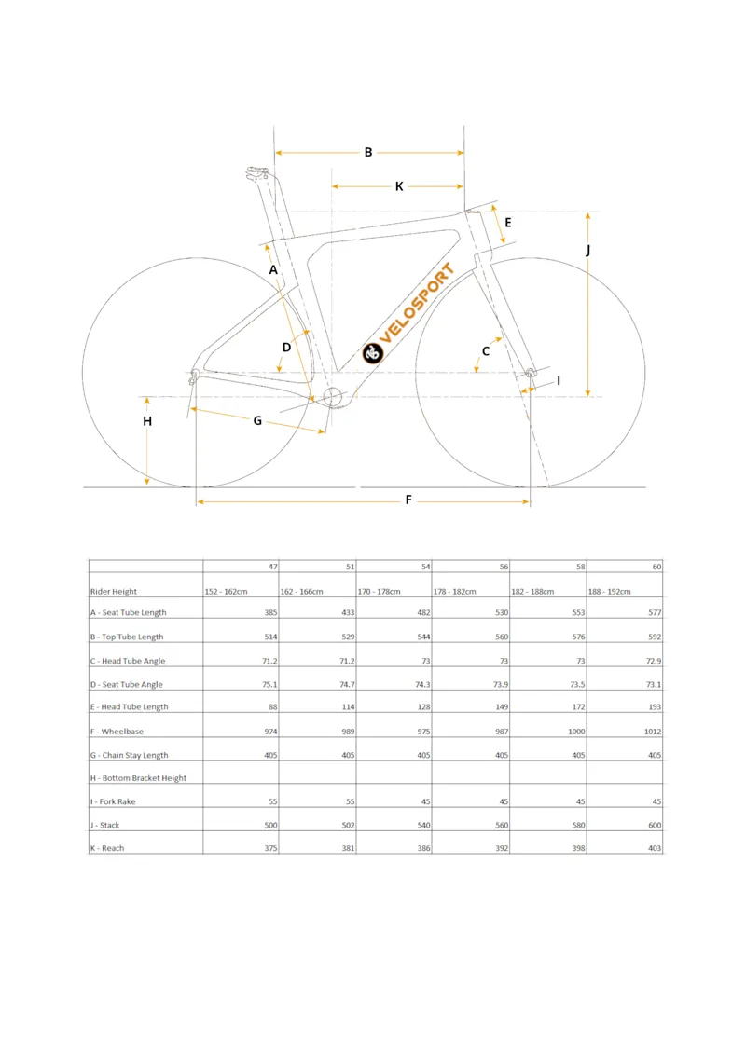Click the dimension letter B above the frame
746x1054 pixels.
pyautogui.click(x=368, y=152)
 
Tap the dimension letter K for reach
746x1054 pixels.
pyautogui.click(x=399, y=186)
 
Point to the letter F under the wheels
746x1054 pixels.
pyautogui.click(x=408, y=500)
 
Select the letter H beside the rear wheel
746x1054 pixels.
pyautogui.click(x=147, y=421)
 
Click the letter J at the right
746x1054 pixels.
pyautogui.click(x=587, y=251)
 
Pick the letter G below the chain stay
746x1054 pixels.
pyautogui.click(x=257, y=420)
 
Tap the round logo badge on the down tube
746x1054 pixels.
pyautogui.click(x=374, y=353)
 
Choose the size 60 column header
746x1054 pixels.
pyautogui.click(x=656, y=567)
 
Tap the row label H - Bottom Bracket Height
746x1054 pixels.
pyautogui.click(x=138, y=778)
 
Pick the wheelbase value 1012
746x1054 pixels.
pyautogui.click(x=651, y=732)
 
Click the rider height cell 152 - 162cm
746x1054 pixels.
pyautogui.click(x=227, y=592)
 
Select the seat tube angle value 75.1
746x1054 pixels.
pyautogui.click(x=269, y=684)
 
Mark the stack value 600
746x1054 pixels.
pyautogui.click(x=653, y=825)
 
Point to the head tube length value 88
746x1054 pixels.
pyautogui.click(x=272, y=707)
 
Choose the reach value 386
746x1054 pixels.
pyautogui.click(x=422, y=848)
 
